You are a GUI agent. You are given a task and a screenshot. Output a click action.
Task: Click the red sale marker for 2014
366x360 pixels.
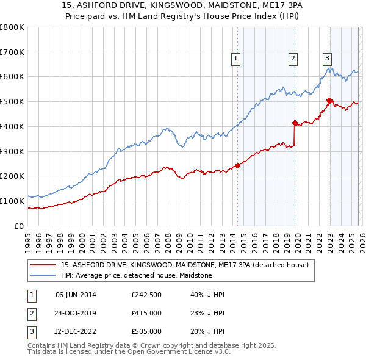[x=237, y=165]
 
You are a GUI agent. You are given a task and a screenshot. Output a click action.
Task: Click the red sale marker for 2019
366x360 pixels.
[x=295, y=123]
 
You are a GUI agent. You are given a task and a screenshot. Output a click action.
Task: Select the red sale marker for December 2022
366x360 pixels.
[x=329, y=100]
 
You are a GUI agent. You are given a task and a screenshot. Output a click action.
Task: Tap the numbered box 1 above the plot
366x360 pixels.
[x=235, y=59]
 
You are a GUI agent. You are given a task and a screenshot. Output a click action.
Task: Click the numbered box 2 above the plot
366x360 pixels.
[x=293, y=59]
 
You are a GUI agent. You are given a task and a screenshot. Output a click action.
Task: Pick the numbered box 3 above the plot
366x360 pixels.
[x=327, y=59]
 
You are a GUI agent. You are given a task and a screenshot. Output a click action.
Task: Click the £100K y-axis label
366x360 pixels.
[x=12, y=201]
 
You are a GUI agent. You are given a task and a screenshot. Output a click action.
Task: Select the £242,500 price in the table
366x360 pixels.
[x=146, y=295]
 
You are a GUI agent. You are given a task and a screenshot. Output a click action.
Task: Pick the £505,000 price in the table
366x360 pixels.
[x=146, y=331]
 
